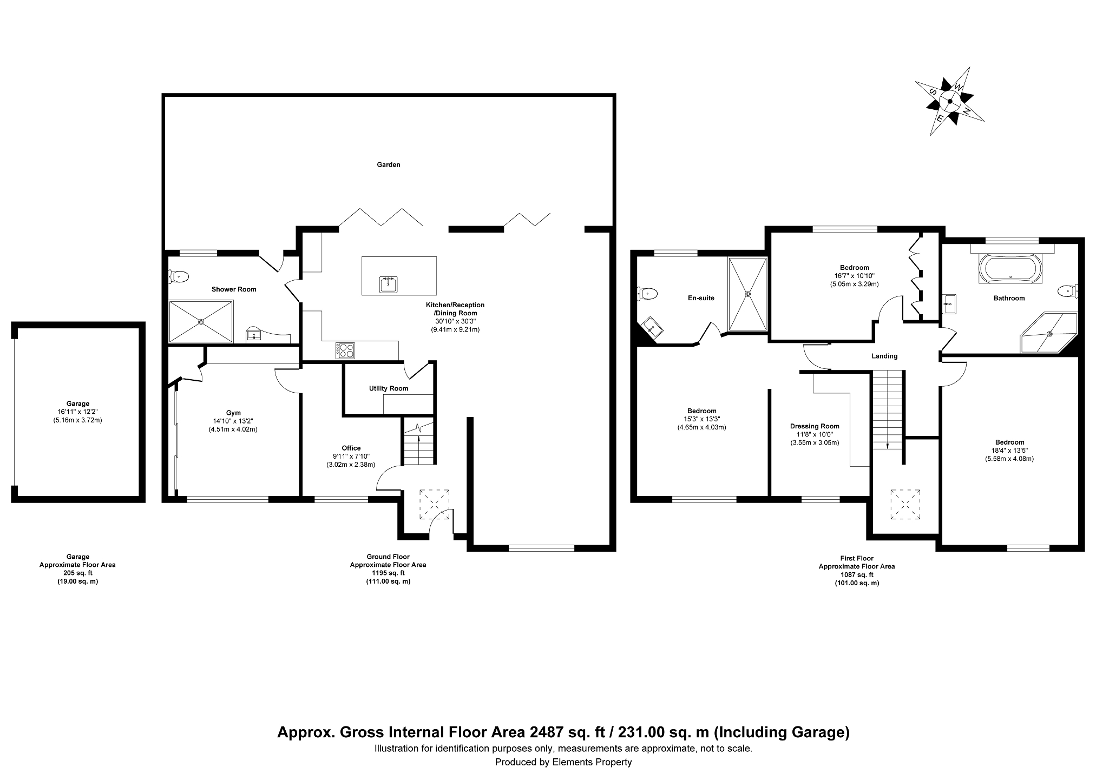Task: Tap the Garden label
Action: click(x=389, y=164)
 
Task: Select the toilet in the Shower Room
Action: click(x=178, y=277)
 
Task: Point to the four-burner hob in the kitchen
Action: click(x=346, y=350)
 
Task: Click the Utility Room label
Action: click(x=389, y=388)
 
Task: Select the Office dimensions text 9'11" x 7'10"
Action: click(x=351, y=456)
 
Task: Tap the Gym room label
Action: click(x=233, y=413)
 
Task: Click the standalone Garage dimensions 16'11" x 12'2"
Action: click(x=78, y=412)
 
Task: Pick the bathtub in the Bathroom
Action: click(x=1011, y=269)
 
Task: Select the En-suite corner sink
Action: click(x=651, y=328)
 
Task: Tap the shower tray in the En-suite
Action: click(x=748, y=294)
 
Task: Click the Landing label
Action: click(x=884, y=356)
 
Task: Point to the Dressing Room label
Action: click(x=815, y=426)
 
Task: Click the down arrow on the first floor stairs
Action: click(x=888, y=445)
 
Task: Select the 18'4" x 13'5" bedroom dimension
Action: click(x=1009, y=451)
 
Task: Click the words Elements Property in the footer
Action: click(x=592, y=762)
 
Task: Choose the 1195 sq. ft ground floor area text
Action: click(x=388, y=573)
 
